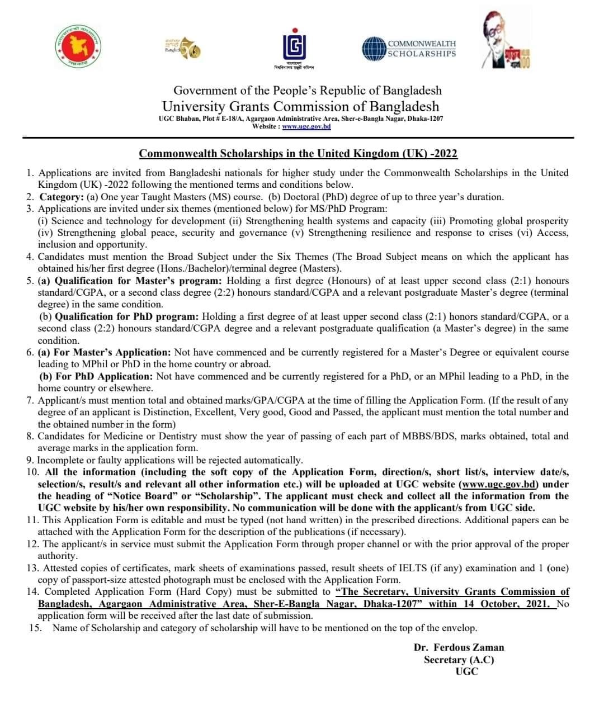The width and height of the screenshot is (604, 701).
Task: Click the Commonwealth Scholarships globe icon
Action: [x=374, y=49]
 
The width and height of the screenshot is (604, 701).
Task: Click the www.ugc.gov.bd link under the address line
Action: [x=306, y=127]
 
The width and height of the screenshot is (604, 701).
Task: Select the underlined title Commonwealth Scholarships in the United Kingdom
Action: [x=298, y=153]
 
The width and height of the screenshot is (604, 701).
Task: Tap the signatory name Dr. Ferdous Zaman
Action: [x=459, y=647]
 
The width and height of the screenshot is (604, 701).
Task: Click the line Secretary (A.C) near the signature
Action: [x=459, y=660]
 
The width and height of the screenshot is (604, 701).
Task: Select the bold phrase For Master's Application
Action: [x=105, y=352]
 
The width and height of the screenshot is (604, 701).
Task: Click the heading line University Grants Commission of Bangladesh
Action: [x=300, y=106]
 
